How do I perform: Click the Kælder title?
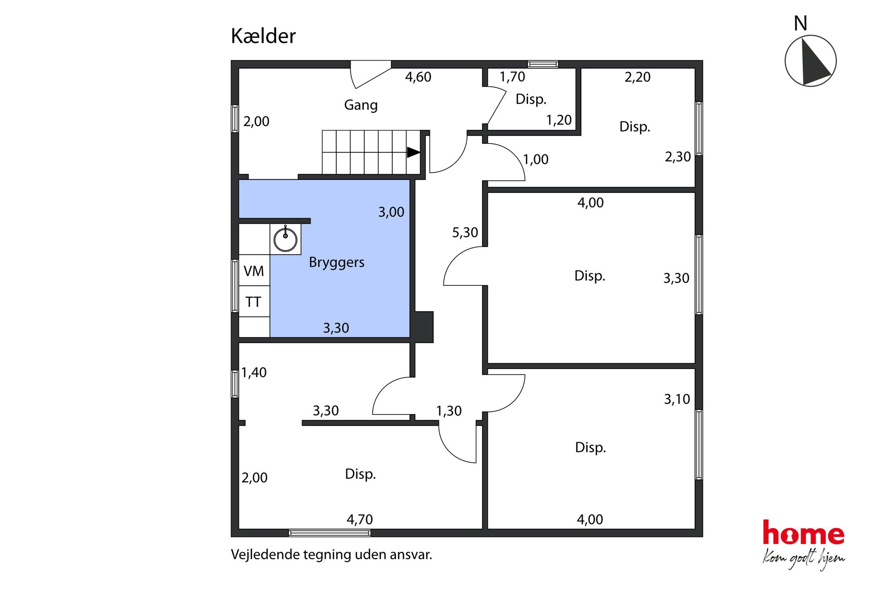pyautogui.click(x=263, y=36)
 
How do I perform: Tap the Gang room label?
pyautogui.click(x=360, y=105)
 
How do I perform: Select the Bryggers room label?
pyautogui.click(x=336, y=262)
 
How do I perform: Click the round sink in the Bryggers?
pyautogui.click(x=285, y=239)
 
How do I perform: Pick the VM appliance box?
pyautogui.click(x=254, y=271)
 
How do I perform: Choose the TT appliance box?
pyautogui.click(x=254, y=302)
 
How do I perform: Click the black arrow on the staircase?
pyautogui.click(x=413, y=152)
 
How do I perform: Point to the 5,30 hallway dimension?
pyautogui.click(x=465, y=232)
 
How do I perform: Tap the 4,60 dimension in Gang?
pyautogui.click(x=418, y=77)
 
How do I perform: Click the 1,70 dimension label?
pyautogui.click(x=512, y=77)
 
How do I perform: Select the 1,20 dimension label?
pyautogui.click(x=559, y=120)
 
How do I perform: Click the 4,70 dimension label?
pyautogui.click(x=360, y=520)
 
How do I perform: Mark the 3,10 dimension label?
pyautogui.click(x=677, y=399)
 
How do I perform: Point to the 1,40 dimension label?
pyautogui.click(x=254, y=373)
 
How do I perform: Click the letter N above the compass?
pyautogui.click(x=800, y=24)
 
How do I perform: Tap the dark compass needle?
pyautogui.click(x=814, y=62)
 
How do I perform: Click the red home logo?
pyautogui.click(x=803, y=533)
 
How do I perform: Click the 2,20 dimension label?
pyautogui.click(x=637, y=77)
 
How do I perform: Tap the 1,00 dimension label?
pyautogui.click(x=536, y=159)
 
